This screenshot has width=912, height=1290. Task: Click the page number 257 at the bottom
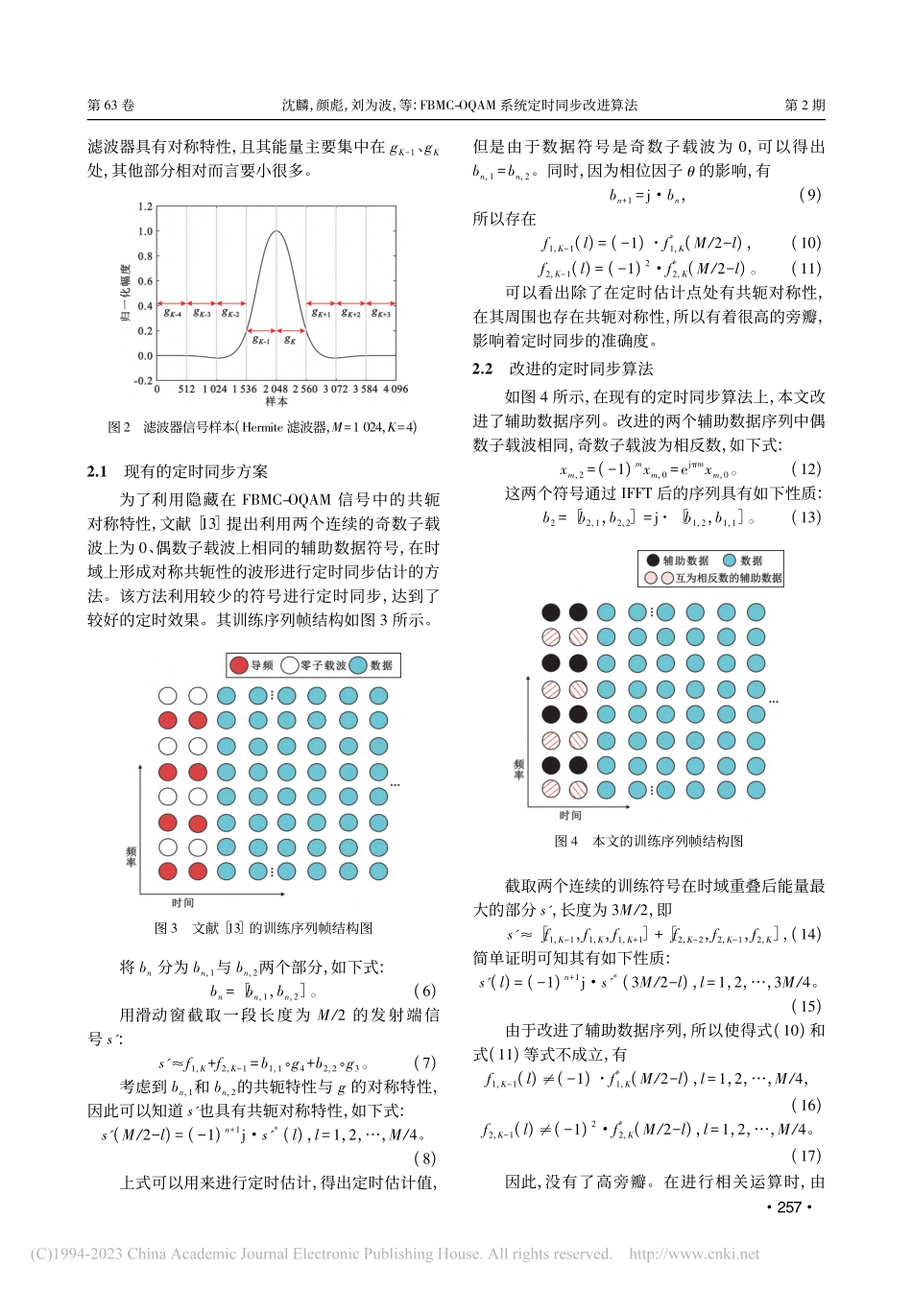point(789,1206)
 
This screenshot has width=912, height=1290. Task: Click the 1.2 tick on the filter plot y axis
point(145,206)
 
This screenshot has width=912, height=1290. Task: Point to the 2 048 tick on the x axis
point(276,389)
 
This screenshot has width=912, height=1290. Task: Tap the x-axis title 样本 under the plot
point(276,401)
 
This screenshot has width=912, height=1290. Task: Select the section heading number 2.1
point(97,471)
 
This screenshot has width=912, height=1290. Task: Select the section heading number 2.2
point(482,369)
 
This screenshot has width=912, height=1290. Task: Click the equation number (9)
point(809,195)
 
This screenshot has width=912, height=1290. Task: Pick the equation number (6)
point(424,991)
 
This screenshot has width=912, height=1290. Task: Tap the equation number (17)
point(805,1156)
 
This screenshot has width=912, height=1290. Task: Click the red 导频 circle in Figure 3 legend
point(239,665)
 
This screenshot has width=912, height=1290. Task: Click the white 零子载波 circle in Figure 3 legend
point(289,665)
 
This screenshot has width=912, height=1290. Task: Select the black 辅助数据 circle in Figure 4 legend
point(653,561)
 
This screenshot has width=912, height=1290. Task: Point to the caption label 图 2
point(119,427)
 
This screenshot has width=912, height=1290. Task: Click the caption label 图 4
point(566,841)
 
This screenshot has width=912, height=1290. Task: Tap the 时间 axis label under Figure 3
point(183,903)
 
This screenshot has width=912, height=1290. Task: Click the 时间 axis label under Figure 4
point(570,816)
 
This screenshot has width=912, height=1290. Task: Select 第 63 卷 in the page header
point(110,106)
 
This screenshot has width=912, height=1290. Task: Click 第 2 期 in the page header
point(804,106)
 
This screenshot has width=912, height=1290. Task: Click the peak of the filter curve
point(276,231)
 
